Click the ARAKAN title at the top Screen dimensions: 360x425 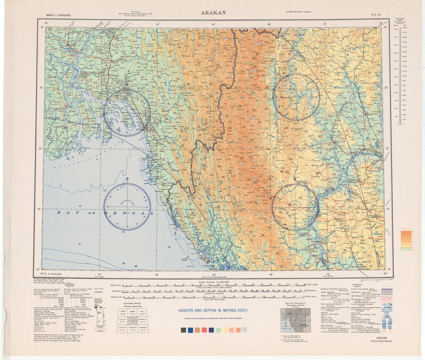click(213, 13)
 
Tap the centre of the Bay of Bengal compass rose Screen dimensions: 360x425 click(127, 207)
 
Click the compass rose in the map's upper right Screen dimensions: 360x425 click(297, 97)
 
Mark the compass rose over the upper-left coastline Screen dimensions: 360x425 click(127, 113)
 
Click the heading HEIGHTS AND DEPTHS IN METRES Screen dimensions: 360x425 click(213, 311)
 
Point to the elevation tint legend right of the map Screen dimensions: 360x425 click(406, 239)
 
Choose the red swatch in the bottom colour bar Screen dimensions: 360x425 click(204, 330)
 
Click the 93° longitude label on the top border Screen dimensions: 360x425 click(213, 23)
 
